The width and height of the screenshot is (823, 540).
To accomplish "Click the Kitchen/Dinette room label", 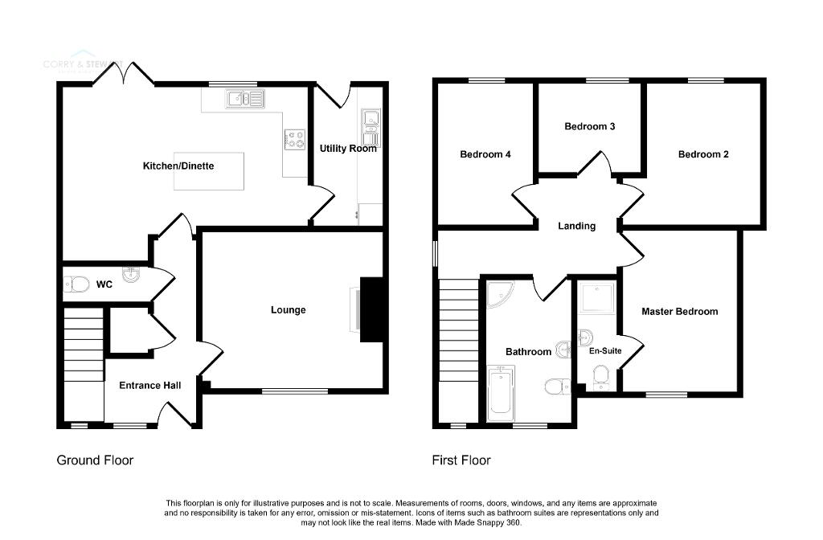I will [x=178, y=166].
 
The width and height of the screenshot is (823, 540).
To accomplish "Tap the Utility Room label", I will [x=348, y=149].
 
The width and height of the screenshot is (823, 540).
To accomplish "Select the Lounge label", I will [x=288, y=310].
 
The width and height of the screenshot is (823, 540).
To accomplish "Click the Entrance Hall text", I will [x=149, y=386].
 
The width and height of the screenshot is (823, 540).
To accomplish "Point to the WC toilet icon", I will [x=78, y=284].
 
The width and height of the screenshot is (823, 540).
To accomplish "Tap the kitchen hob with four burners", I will [x=293, y=139].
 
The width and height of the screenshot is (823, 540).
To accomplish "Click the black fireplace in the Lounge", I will [x=371, y=309].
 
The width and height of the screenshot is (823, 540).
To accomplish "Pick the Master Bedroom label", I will [x=679, y=312].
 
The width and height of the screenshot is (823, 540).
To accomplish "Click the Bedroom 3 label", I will [x=590, y=127].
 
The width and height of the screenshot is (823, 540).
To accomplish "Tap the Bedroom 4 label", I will [x=485, y=155].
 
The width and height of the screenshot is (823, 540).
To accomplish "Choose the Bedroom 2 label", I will [x=703, y=155].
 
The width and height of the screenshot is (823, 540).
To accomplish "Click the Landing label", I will [x=576, y=227].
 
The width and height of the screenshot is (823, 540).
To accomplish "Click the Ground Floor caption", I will [x=95, y=460].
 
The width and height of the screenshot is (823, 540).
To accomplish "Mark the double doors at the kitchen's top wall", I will [x=123, y=75].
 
